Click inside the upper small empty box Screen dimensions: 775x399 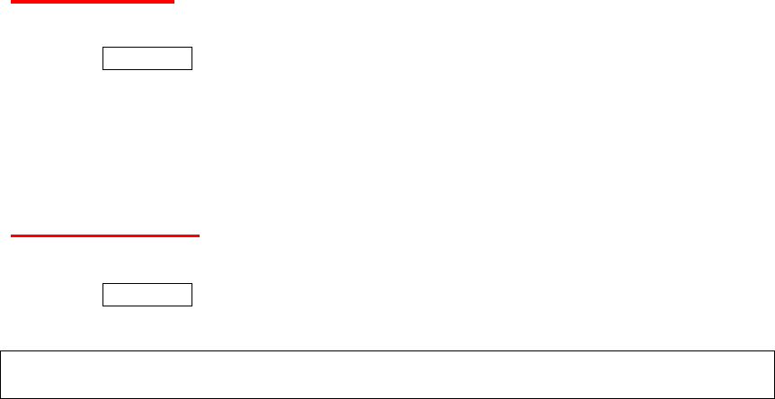point(147,58)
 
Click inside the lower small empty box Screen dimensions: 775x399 point(147,295)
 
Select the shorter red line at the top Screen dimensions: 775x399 point(90,2)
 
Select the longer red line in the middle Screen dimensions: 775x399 point(104,236)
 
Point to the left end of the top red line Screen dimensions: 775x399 point(10,2)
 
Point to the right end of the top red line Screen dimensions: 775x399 point(173,2)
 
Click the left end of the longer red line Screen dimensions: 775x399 point(10,236)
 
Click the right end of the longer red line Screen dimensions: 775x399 point(199,236)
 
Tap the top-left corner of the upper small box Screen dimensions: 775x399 point(102,48)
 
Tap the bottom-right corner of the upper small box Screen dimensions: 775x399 point(192,69)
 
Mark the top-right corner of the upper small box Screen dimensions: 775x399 point(192,48)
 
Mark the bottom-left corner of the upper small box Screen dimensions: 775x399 point(102,69)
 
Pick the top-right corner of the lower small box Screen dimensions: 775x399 point(192,284)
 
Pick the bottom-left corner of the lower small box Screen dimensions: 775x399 point(102,306)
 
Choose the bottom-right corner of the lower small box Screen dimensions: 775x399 point(192,306)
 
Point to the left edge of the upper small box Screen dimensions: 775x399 point(102,58)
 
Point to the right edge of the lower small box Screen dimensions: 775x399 point(192,295)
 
